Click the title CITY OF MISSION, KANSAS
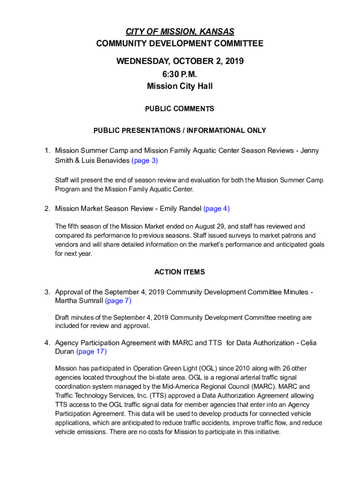[x=180, y=32]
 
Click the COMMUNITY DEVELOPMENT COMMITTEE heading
[x=180, y=44]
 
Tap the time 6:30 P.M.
[x=180, y=74]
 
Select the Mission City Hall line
[x=180, y=86]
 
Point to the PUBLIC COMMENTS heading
[x=180, y=109]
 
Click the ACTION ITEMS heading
[x=180, y=272]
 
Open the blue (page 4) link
[x=216, y=209]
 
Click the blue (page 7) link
[x=118, y=301]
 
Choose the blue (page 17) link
[x=92, y=351]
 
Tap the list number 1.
[x=47, y=151]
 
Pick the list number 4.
[x=47, y=343]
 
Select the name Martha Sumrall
[x=79, y=301]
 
